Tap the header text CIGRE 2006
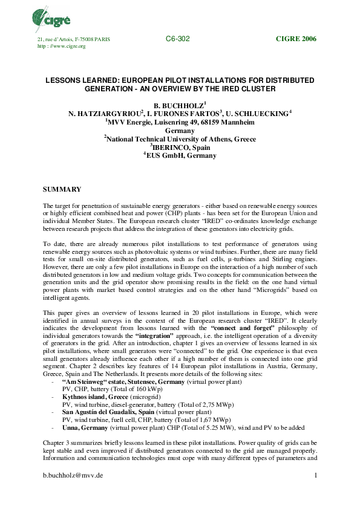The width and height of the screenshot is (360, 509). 296,39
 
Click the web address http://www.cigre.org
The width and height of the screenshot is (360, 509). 62,46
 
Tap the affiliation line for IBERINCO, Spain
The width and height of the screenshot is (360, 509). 180,147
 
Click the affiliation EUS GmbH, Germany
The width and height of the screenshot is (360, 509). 180,155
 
